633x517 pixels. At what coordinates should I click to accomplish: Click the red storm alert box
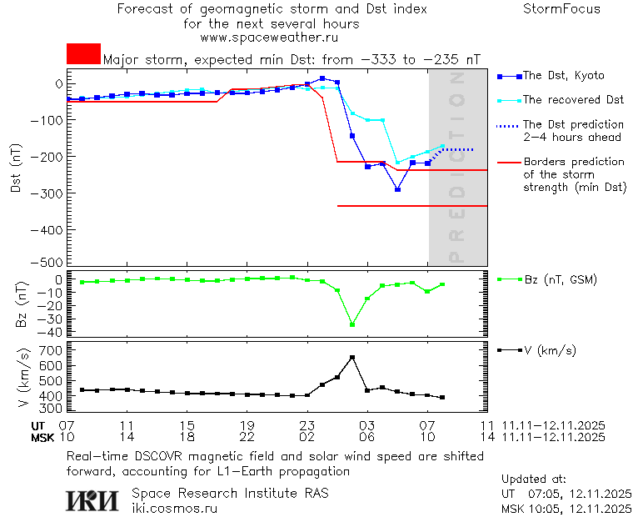pyautogui.click(x=83, y=54)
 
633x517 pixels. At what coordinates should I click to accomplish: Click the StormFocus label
pyautogui.click(x=561, y=9)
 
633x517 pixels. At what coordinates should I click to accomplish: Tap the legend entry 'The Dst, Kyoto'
pyautogui.click(x=563, y=76)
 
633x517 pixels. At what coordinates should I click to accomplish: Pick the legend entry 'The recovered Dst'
pyautogui.click(x=573, y=100)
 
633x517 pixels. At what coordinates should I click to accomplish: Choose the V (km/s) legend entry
pyautogui.click(x=550, y=350)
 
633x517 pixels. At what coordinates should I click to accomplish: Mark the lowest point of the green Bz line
pyautogui.click(x=352, y=324)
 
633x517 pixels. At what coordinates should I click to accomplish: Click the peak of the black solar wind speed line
pyautogui.click(x=352, y=357)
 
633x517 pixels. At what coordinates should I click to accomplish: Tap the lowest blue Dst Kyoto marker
pyautogui.click(x=398, y=190)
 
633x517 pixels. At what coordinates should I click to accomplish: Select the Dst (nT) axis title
pyautogui.click(x=16, y=168)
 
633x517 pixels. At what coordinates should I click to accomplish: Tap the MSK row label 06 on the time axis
pyautogui.click(x=367, y=437)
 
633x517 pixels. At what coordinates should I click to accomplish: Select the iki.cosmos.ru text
pyautogui.click(x=175, y=508)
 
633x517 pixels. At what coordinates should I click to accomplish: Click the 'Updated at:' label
pyautogui.click(x=534, y=479)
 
